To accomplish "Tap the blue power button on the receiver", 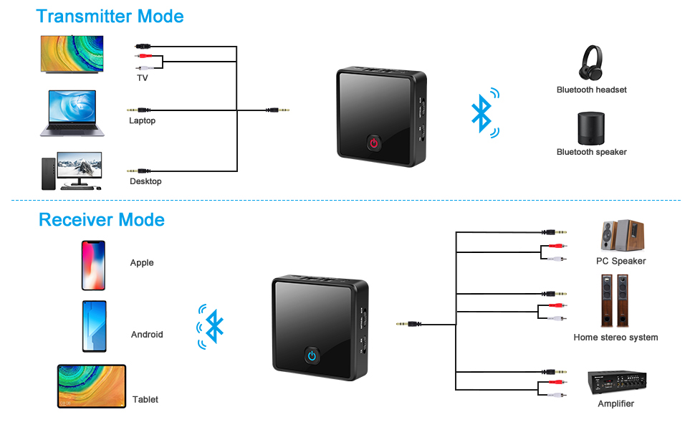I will point(312,355).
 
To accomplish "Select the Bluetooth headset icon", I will point(591,62).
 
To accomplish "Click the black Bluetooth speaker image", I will point(592,128).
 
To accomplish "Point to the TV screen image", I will point(71,54).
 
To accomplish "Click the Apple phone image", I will point(93,265).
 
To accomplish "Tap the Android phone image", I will point(94,326).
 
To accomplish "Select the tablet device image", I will point(92,387).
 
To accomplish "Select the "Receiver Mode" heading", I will point(102,219).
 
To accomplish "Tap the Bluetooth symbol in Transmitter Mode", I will point(482,113).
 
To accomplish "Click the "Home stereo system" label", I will point(615,337).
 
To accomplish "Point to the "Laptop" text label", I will point(142,120).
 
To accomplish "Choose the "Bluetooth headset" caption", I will point(592,90).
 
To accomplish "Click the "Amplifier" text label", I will point(615,403).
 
